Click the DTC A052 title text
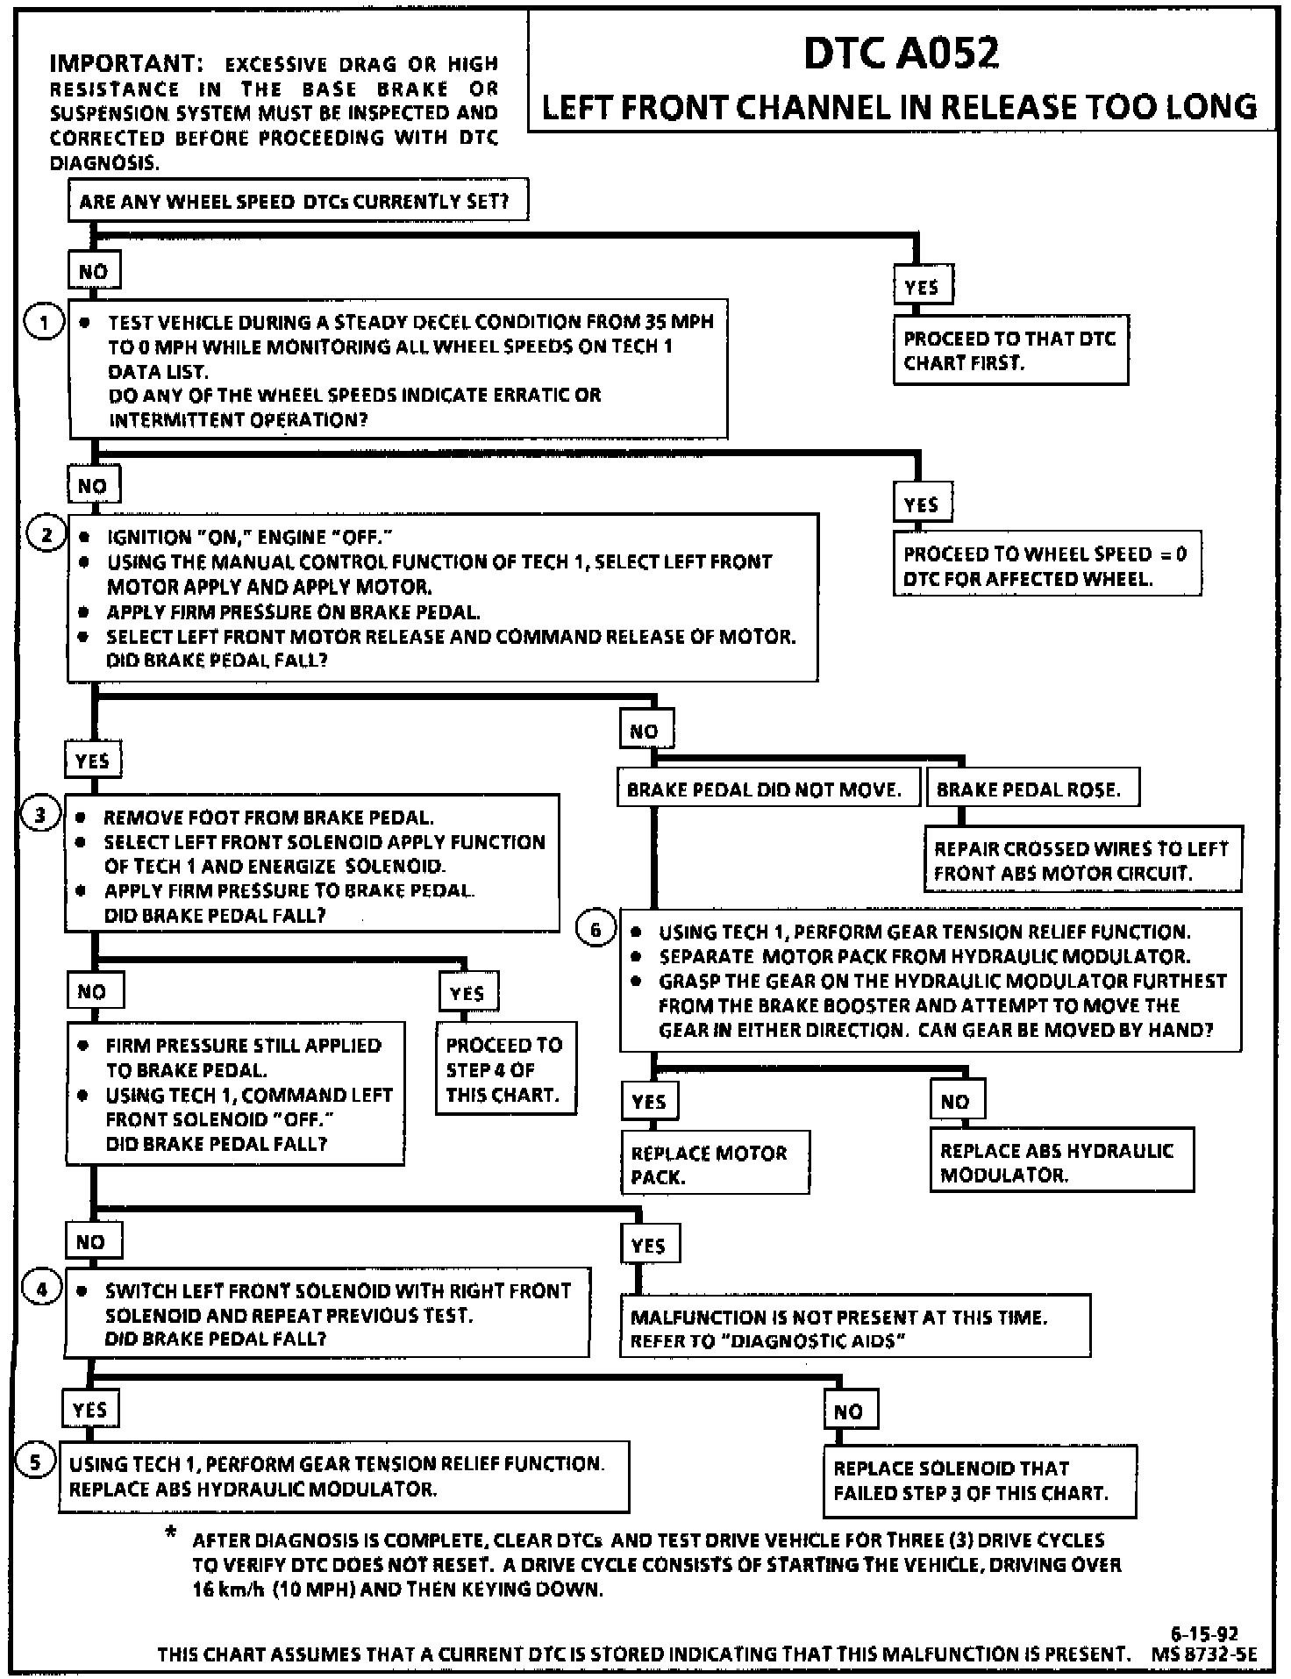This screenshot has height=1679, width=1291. coord(901,53)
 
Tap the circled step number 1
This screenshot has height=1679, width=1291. coord(44,322)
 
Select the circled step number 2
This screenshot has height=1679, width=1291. coord(46,534)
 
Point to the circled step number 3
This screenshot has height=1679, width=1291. coord(40,816)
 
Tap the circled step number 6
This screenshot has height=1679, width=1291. coord(596,929)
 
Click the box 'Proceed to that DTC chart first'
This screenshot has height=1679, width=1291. coord(1010,350)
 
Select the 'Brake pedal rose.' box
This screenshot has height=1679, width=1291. coord(1032,789)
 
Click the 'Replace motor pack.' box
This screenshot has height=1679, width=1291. coord(715,1163)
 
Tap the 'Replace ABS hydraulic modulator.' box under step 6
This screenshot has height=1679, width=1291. coord(1061,1161)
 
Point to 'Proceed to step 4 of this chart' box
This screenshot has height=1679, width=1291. coord(505,1068)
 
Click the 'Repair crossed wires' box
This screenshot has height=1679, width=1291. coord(1082,860)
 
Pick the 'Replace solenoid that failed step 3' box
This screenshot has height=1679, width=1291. coord(979,1480)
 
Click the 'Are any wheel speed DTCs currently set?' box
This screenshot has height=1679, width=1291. coord(298,202)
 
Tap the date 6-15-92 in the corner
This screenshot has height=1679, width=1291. coord(1204,1633)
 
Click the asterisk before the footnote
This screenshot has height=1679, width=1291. coord(170,1533)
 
